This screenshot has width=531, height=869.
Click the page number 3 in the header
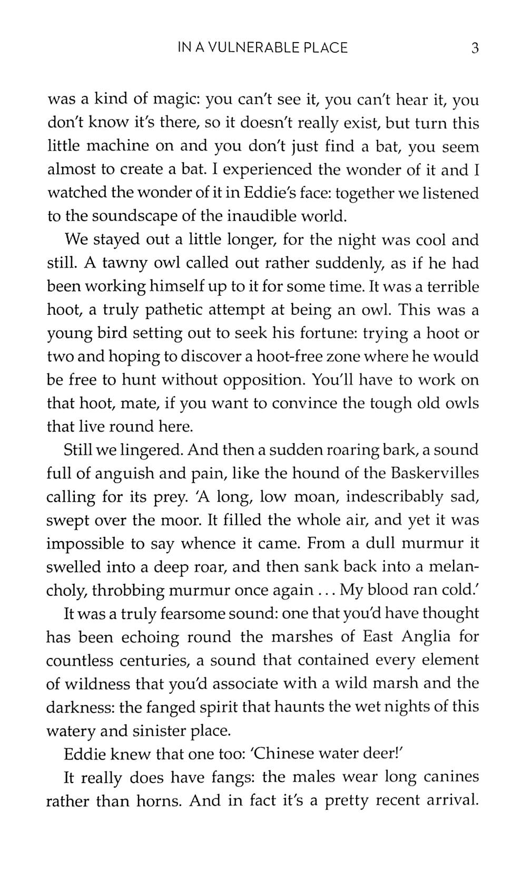coord(475,48)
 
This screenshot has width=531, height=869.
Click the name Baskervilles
coord(435,473)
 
